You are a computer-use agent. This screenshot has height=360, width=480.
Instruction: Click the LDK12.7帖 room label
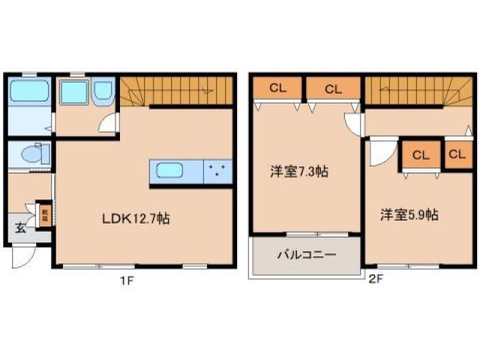click(135, 219)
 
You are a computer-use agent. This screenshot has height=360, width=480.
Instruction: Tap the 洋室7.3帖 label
click(299, 171)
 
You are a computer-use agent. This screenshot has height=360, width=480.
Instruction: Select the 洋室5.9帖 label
click(409, 214)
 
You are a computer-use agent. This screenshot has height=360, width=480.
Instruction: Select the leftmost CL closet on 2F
click(277, 88)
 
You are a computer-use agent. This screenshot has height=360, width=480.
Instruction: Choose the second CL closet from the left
click(332, 88)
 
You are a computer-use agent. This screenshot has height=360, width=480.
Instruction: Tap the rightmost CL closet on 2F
click(457, 155)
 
